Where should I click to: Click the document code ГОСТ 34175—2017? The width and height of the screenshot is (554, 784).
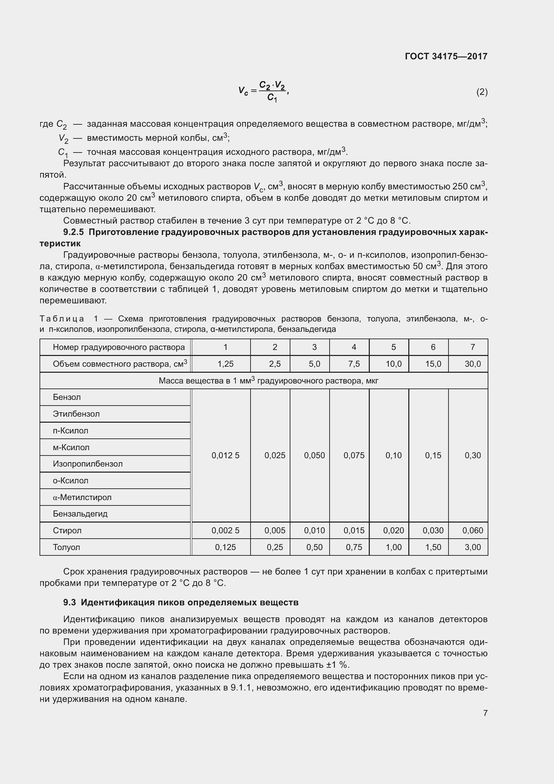pos(446,56)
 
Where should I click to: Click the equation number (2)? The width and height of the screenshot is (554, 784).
pos(482,92)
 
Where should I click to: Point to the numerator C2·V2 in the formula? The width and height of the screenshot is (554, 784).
pos(272,85)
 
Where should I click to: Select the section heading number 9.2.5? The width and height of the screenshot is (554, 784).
pos(73,232)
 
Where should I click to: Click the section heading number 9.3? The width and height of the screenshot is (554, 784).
pos(70,602)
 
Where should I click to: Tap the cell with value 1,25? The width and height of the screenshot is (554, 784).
pos(225,364)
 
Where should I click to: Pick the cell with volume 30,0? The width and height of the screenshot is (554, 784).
pos(473,364)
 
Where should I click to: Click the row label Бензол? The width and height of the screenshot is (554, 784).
pos(67,397)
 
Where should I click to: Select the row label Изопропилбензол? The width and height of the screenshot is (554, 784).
pos(88,464)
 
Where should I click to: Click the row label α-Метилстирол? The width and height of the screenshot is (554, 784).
pos(82,497)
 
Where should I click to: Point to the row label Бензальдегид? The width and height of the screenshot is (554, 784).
pos(80,514)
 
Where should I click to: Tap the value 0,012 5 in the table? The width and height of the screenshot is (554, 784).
pos(225,455)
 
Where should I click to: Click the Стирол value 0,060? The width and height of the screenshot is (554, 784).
pos(473,530)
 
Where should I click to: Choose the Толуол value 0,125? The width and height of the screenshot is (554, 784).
pos(225,547)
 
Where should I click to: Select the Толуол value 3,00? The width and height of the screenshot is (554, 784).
pos(473,547)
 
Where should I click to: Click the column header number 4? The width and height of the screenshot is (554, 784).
pos(354,347)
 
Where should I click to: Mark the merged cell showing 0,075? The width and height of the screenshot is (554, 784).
pos(354,455)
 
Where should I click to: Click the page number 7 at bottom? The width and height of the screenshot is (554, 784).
pos(485,713)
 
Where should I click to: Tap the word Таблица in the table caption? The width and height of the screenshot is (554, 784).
pos(62,319)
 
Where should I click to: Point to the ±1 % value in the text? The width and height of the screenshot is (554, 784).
pos(339,665)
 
